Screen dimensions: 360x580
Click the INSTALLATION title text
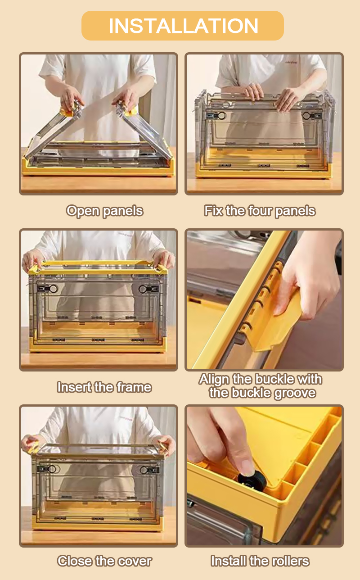coord(183,26)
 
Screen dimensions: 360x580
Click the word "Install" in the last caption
coord(229,561)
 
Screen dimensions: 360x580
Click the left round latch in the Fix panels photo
coord(221,115)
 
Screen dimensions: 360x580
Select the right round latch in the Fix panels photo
coord(307,115)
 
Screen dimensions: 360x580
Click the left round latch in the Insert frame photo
coord(53,289)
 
